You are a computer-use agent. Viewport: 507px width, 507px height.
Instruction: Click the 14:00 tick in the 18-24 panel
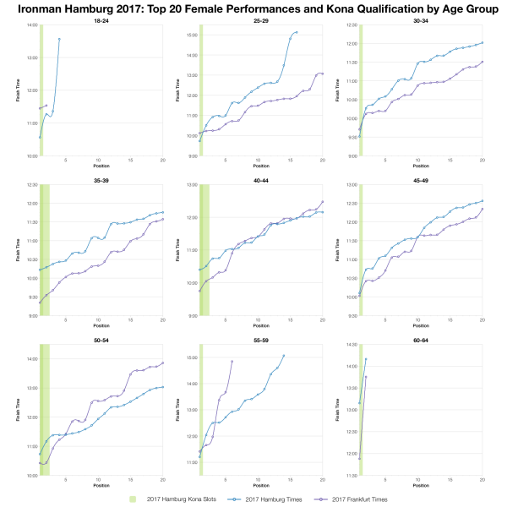(32, 25)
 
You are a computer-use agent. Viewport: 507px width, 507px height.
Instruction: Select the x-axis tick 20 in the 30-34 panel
(482, 161)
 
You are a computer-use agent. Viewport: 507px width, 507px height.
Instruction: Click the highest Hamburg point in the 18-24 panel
(59, 39)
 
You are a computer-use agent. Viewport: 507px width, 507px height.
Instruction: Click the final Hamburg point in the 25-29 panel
(297, 32)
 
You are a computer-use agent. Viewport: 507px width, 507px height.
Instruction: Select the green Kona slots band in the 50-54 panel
(44, 410)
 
